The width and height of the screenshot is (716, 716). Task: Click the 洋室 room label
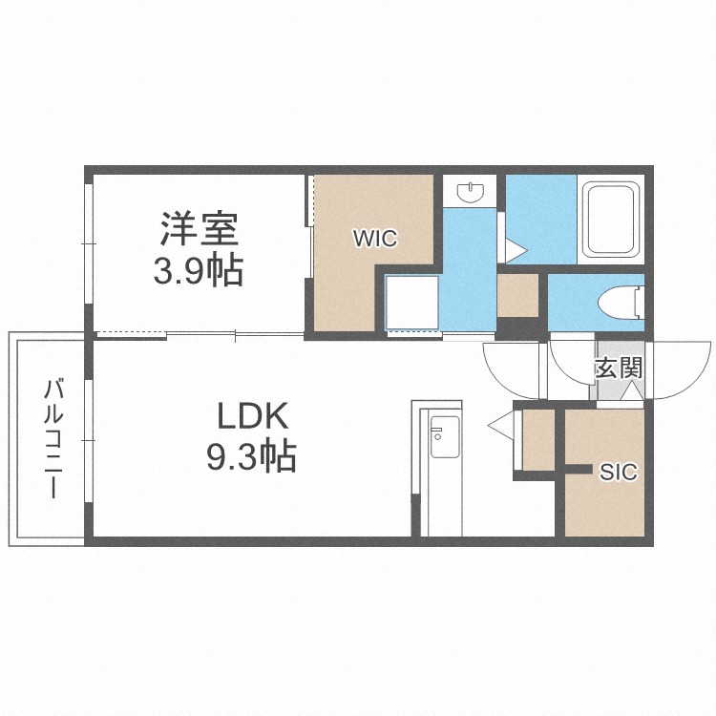[199, 229]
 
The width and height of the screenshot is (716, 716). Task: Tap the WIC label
[374, 239]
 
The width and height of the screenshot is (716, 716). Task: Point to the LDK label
[252, 416]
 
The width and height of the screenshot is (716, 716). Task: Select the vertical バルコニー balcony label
[54, 439]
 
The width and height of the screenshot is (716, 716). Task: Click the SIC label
[618, 472]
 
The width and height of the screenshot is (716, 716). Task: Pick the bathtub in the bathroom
[612, 220]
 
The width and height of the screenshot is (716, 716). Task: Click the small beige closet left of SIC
[538, 439]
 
